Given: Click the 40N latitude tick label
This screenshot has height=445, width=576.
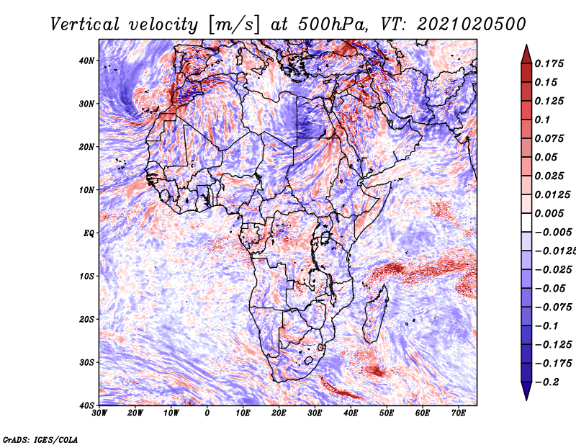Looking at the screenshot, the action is [86, 60].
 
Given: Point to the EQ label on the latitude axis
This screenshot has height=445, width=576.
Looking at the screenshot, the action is [89, 233].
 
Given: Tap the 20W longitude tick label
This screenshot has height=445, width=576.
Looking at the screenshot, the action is [135, 413].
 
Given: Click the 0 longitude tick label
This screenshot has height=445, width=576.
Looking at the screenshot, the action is [207, 413].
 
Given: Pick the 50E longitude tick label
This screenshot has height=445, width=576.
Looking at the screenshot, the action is [387, 413].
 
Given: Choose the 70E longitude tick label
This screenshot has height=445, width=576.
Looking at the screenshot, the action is [458, 413].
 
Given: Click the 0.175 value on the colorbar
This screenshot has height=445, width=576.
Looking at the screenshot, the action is [549, 63].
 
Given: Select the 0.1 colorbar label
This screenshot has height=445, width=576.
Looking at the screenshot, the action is [543, 120].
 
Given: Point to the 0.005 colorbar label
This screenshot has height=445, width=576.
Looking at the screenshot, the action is [549, 213].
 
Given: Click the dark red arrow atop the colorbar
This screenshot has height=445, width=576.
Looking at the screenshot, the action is [526, 55].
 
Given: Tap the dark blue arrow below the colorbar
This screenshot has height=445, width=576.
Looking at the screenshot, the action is [526, 390].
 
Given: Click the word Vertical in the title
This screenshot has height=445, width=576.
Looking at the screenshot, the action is [85, 24].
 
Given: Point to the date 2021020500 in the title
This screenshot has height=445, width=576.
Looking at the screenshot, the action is [472, 24].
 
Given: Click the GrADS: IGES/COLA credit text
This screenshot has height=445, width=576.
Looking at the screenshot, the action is [40, 439].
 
